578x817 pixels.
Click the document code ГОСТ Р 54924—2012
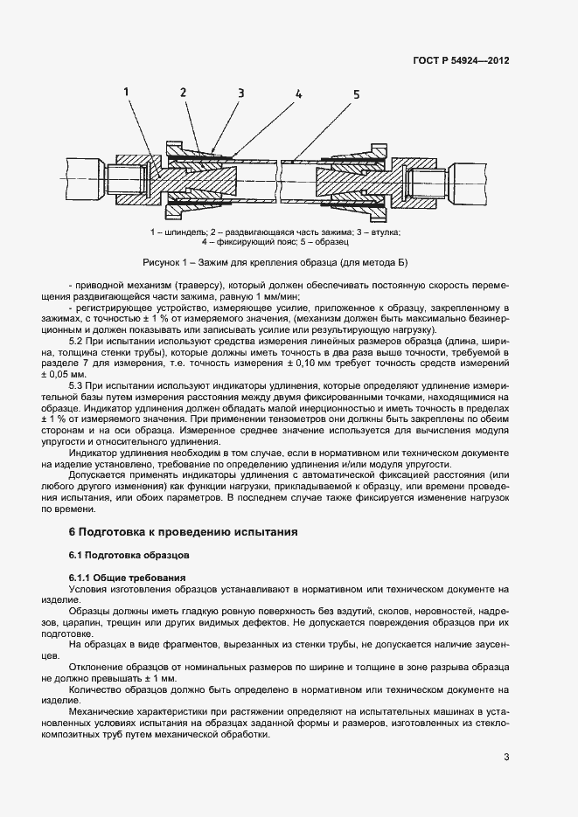(x=461, y=61)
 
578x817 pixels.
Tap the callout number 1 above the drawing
(x=127, y=91)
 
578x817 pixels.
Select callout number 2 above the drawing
(x=183, y=92)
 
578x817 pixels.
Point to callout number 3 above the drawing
(x=240, y=93)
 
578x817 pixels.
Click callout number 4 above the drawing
(x=298, y=93)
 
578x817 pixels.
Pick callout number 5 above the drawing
(x=356, y=93)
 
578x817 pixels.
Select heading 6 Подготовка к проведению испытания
(x=184, y=531)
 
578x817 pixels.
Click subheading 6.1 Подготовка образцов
(x=127, y=555)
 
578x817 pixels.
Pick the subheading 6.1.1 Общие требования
(x=127, y=578)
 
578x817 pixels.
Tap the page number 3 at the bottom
(x=506, y=757)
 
